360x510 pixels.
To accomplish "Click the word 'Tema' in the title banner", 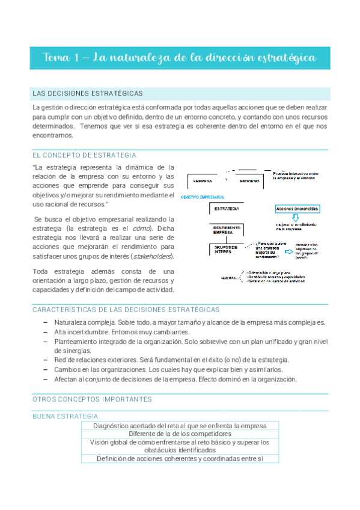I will [56, 57].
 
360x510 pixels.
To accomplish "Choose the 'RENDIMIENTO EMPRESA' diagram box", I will [227, 230].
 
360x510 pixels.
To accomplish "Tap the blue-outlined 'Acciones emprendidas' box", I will [297, 209].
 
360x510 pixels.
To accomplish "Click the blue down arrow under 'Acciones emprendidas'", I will [295, 218].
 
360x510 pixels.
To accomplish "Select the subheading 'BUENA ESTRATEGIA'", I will [65, 416].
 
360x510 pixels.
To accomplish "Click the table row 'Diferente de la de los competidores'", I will [180, 434].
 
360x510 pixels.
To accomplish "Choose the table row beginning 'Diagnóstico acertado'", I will [180, 425].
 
